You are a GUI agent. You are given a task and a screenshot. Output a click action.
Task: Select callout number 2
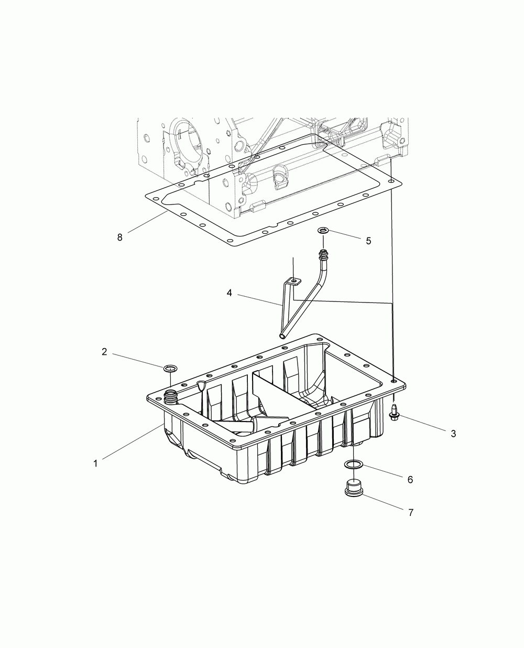pyautogui.click(x=104, y=352)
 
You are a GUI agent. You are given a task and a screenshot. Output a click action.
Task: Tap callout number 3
pyautogui.click(x=453, y=434)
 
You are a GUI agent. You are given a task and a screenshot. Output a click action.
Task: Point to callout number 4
pyautogui.click(x=230, y=293)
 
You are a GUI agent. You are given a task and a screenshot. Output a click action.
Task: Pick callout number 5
pyautogui.click(x=368, y=241)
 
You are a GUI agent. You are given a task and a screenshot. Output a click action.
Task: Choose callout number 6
pyautogui.click(x=410, y=480)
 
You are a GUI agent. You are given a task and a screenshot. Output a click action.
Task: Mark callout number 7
pyautogui.click(x=411, y=513)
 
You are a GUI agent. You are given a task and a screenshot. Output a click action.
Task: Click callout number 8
pyautogui.click(x=120, y=237)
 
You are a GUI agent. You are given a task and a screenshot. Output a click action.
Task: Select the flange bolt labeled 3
pyautogui.click(x=394, y=412)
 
